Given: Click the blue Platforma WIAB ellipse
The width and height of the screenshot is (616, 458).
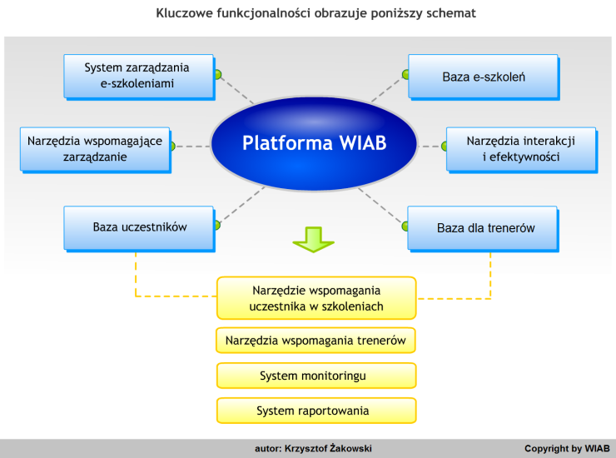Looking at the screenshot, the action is [x=314, y=143].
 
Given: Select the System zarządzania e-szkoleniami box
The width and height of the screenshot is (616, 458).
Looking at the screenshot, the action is [x=139, y=77].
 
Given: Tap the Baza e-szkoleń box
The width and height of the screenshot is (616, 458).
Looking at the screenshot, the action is [x=483, y=77].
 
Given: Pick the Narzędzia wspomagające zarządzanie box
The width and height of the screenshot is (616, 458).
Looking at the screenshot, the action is [x=95, y=149].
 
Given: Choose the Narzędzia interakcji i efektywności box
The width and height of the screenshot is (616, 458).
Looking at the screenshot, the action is [x=521, y=149].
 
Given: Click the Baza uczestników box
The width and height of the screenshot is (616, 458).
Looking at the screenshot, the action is [x=139, y=228].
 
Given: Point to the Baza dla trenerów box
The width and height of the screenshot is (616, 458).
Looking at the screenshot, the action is [x=483, y=228].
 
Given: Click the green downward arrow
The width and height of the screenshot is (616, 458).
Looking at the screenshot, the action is [x=314, y=239].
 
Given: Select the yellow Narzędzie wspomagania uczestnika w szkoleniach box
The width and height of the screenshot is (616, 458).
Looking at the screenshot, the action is [x=316, y=298].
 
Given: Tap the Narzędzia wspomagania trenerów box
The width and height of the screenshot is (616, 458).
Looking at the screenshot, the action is [x=315, y=341].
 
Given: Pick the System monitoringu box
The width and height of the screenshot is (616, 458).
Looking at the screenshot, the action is [x=316, y=376].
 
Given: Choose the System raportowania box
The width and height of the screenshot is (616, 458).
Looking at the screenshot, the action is [x=316, y=411].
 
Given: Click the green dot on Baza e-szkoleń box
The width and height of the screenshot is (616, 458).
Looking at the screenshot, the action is [x=405, y=74].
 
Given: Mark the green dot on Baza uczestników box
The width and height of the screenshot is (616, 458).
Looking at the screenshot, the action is [x=217, y=225].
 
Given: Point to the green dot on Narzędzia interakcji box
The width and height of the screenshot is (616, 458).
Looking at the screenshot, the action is [x=445, y=147].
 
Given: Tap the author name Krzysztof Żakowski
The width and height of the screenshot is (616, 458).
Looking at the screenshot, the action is [x=328, y=448].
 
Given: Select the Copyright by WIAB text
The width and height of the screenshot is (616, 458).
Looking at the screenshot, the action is [x=567, y=449].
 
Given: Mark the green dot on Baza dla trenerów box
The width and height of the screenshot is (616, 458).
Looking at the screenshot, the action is [x=405, y=226].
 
